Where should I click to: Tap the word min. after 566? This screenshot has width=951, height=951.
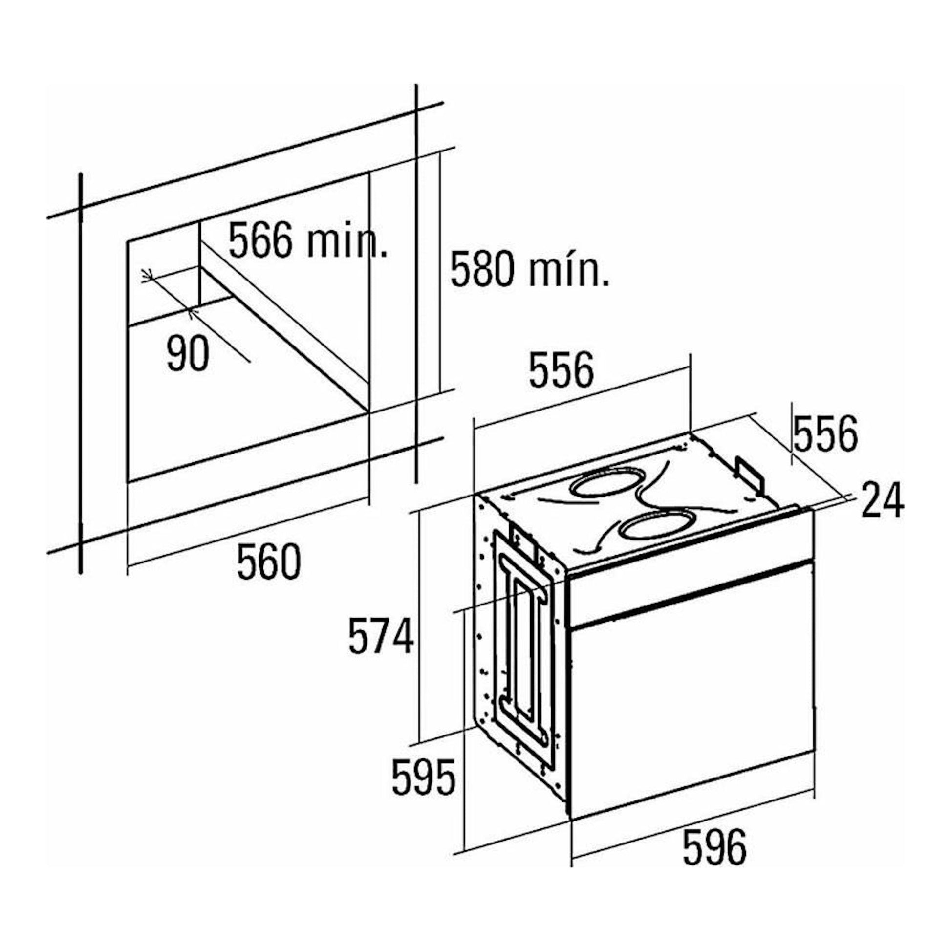pyautogui.click(x=346, y=241)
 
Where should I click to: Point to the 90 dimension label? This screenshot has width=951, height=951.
pyautogui.click(x=188, y=353)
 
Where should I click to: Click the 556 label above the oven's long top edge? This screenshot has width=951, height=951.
pyautogui.click(x=562, y=369)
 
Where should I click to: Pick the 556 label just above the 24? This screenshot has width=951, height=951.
pyautogui.click(x=825, y=433)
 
